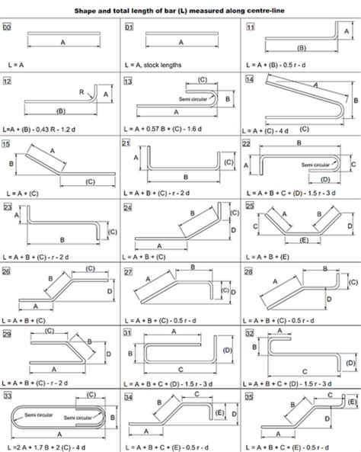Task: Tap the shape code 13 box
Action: (127, 80)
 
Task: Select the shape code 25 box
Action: (249, 207)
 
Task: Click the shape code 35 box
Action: (249, 397)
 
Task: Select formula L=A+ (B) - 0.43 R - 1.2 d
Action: (46, 131)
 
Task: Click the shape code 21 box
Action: (127, 143)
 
